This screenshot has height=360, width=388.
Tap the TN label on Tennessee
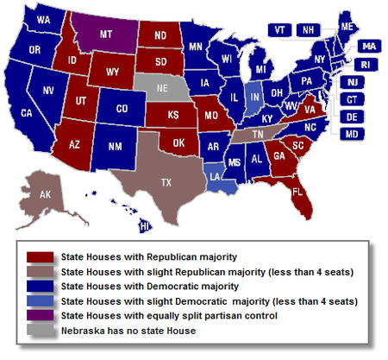(258, 134)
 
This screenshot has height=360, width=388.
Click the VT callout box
(281, 29)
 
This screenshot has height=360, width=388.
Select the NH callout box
(306, 29)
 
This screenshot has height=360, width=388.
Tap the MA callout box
(368, 47)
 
